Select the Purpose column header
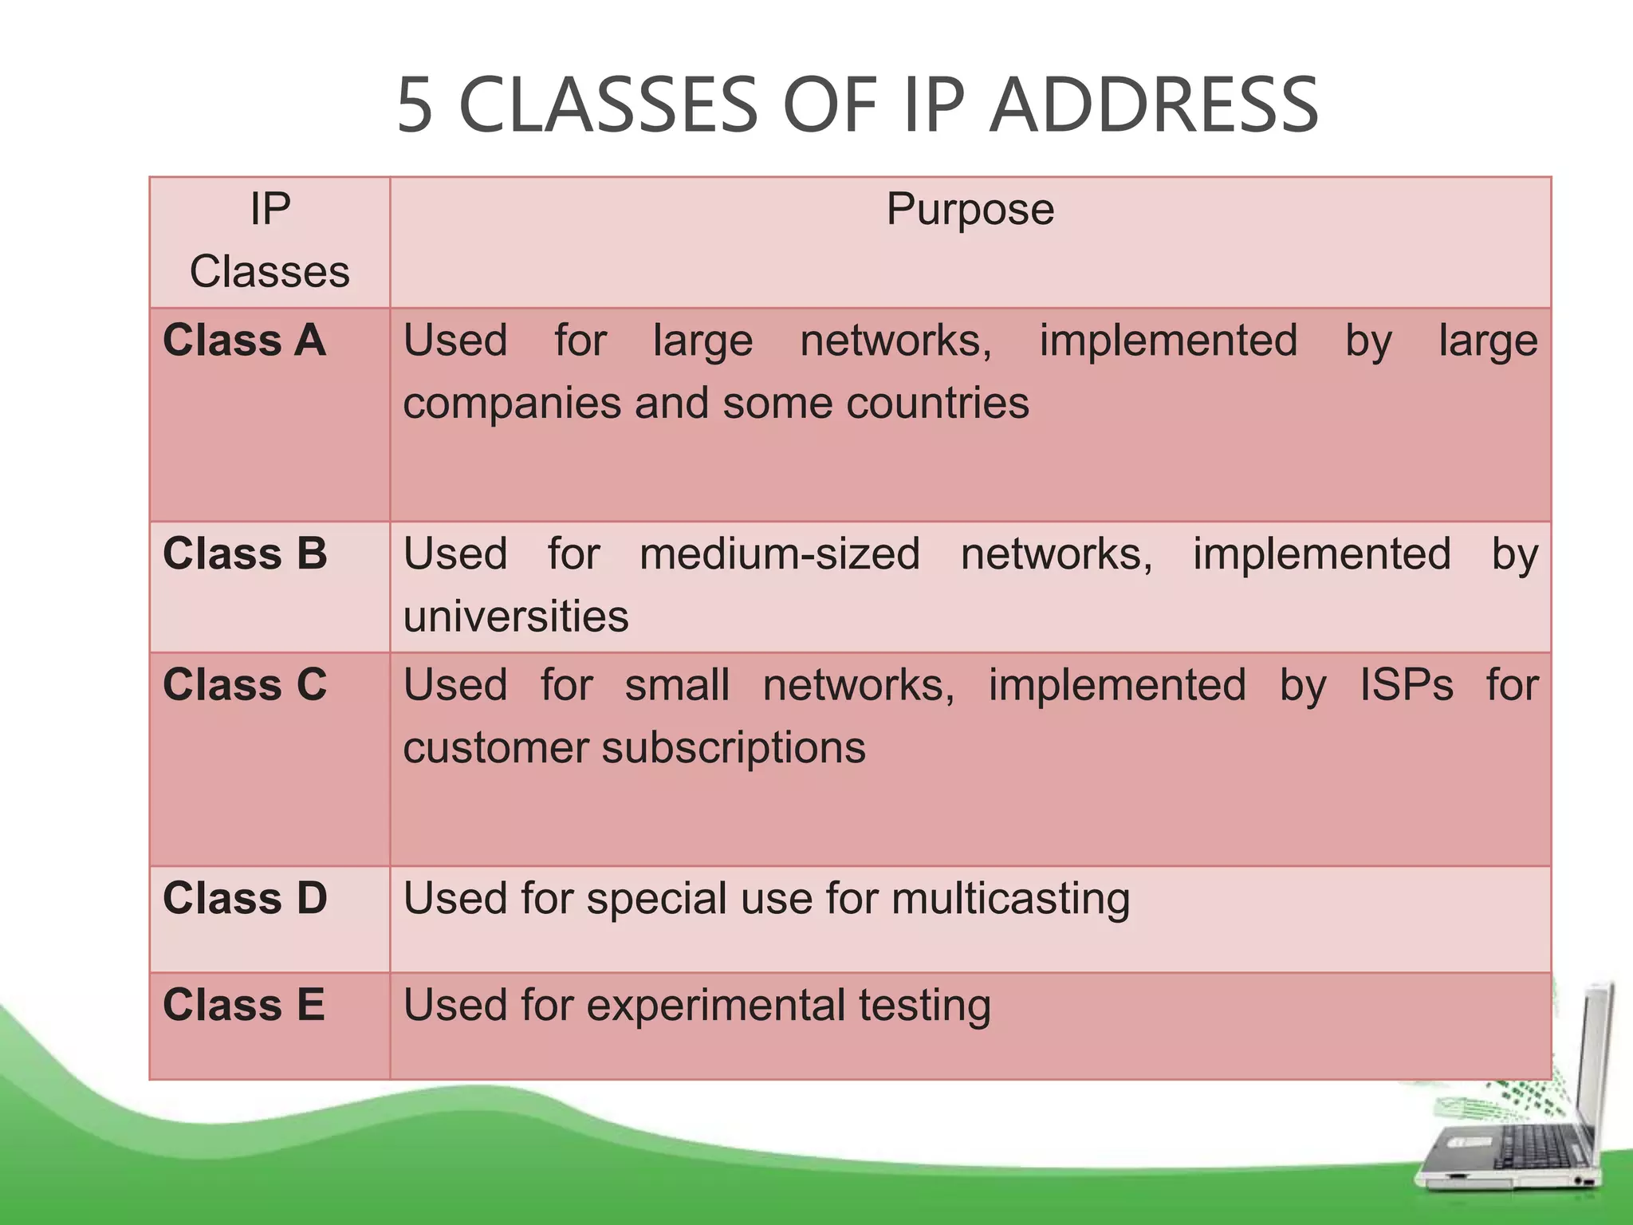pos(970,210)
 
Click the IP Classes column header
pos(270,240)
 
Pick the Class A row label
pos(244,341)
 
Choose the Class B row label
pos(245,553)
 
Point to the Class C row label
pos(245,685)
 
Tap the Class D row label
pos(245,898)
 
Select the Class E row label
pos(243,1005)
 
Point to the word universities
pos(516,616)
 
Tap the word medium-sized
pos(780,553)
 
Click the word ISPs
pos(1407,685)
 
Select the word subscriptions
pos(734,749)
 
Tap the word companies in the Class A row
pos(512,404)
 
